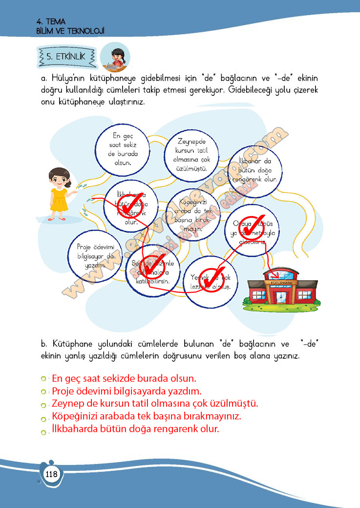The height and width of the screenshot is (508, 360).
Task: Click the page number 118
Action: point(51,474)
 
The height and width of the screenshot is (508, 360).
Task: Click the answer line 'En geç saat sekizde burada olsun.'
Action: point(124,378)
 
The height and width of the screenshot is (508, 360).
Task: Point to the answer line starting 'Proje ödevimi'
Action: point(127,391)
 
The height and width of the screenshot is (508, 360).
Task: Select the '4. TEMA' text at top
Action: point(51,21)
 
